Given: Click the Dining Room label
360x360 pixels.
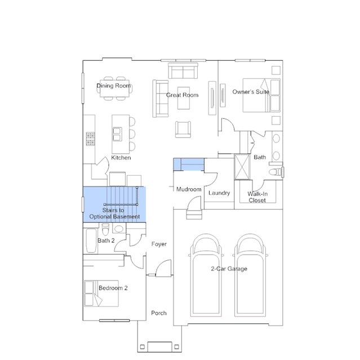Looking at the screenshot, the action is (114, 86).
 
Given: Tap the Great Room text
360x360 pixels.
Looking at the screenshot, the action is (183, 95).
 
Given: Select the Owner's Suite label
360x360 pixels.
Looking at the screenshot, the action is (251, 92).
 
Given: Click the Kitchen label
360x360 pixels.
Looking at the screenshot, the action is (121, 158).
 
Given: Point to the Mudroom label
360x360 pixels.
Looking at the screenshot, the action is (189, 189).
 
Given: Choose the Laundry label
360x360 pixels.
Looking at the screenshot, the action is (219, 193).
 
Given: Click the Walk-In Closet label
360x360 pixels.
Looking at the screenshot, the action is (257, 197).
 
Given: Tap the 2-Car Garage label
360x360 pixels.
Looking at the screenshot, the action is (229, 269).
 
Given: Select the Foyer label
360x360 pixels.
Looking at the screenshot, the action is (159, 244).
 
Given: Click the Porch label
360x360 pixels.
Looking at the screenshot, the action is (159, 313).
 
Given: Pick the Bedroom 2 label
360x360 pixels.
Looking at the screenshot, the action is (113, 288).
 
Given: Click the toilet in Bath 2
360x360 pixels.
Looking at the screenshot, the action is (105, 229).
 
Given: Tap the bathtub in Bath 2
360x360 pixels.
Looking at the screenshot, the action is (91, 241).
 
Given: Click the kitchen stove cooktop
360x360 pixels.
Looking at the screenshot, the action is (90, 139).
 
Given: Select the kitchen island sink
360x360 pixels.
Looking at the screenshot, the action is (117, 134).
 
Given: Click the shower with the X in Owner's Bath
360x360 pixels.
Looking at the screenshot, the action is (242, 167).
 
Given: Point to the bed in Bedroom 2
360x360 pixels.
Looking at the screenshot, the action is (101, 294).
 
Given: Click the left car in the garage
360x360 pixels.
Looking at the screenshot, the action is (206, 275).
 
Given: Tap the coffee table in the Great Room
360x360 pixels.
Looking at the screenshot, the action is (184, 98).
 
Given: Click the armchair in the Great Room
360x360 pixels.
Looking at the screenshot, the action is (183, 129).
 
